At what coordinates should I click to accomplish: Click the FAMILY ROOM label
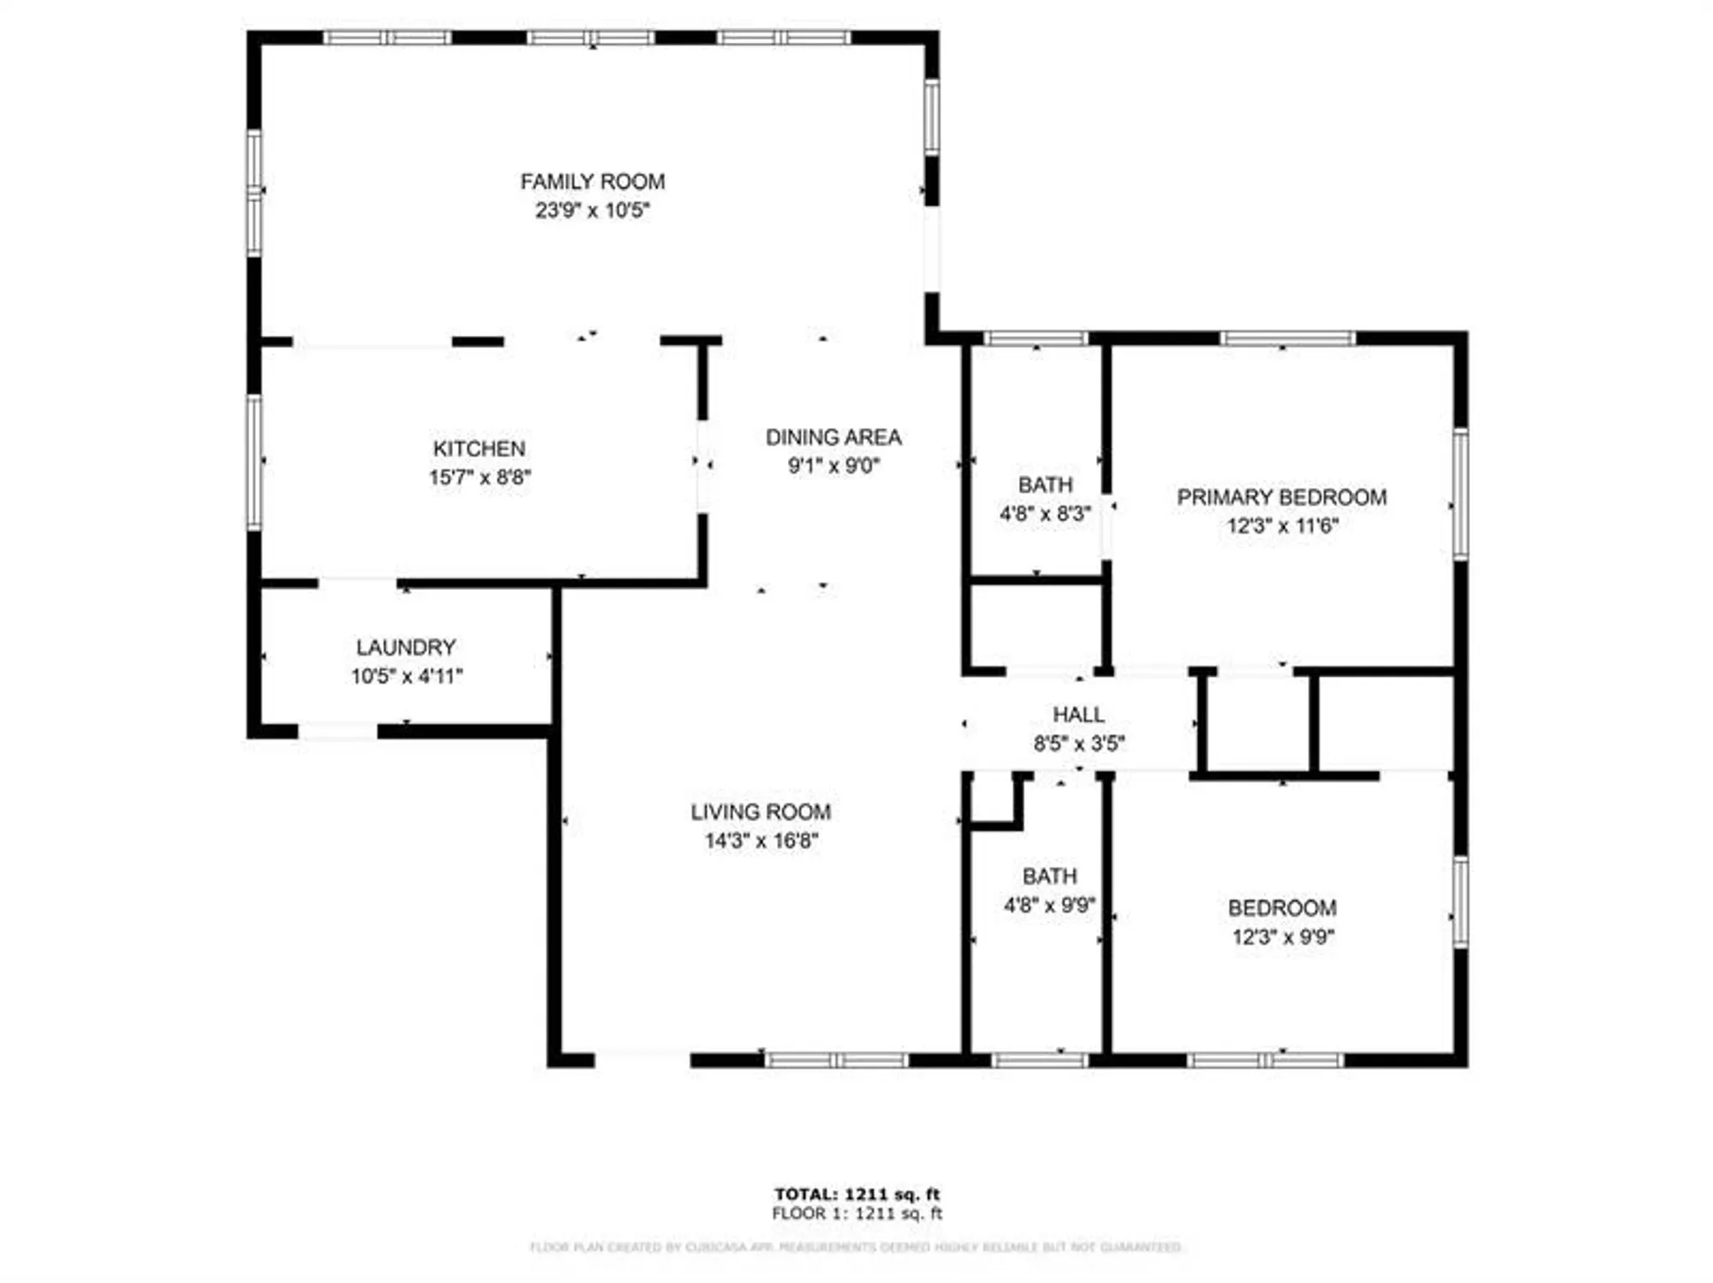click(592, 182)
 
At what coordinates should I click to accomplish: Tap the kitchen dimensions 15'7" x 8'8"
click(480, 477)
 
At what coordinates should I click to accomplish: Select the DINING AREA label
click(833, 438)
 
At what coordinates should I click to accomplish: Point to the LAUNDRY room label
click(406, 647)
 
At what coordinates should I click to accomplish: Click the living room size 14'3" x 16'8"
click(761, 841)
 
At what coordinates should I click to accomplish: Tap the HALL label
click(1078, 714)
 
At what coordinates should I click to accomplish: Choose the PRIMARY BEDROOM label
click(1281, 498)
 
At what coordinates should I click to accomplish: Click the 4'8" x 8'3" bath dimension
click(1045, 514)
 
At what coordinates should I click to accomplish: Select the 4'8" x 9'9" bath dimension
click(1049, 905)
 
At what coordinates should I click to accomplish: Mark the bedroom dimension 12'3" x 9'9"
click(1283, 937)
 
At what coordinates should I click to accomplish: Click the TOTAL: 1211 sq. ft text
click(856, 1194)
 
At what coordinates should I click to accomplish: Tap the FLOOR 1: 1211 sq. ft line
click(856, 1214)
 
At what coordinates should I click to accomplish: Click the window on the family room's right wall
click(932, 117)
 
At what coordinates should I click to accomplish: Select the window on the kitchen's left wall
click(254, 462)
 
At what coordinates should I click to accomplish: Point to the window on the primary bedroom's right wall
click(1460, 495)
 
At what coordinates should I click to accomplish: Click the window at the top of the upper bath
click(1036, 339)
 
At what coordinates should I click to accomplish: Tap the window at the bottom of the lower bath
click(1040, 1060)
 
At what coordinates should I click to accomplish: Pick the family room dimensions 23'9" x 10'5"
click(592, 211)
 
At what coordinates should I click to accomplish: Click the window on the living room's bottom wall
click(836, 1060)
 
